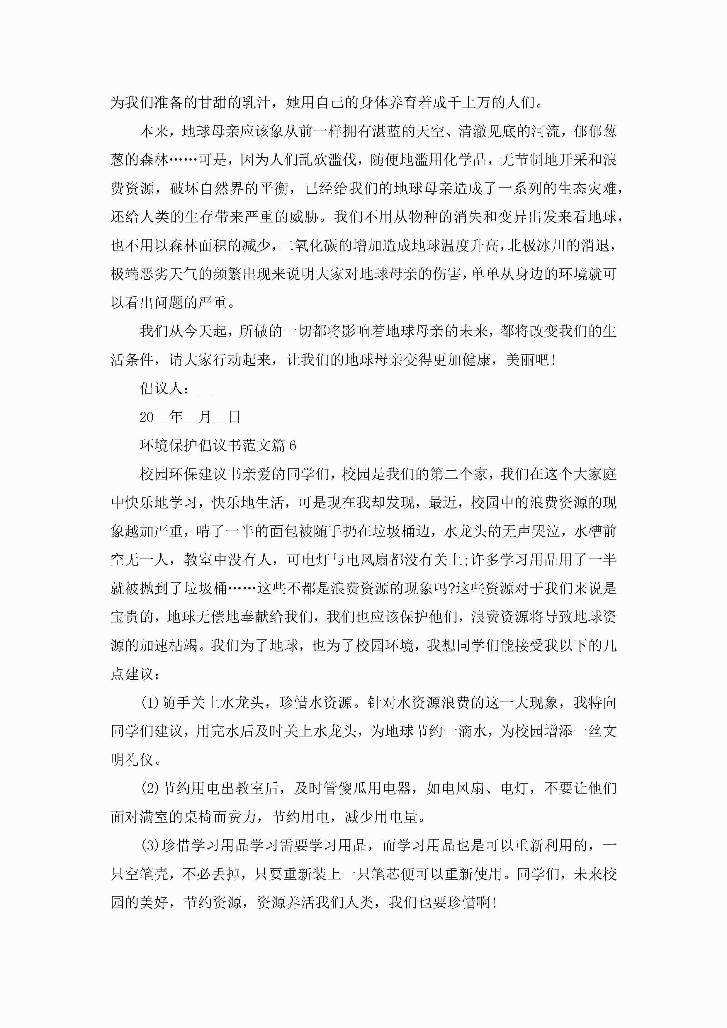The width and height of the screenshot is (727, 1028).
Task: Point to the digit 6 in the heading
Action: point(293,445)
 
